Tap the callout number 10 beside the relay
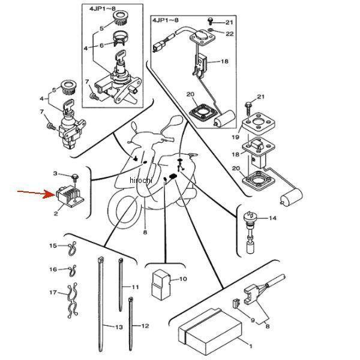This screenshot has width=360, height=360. (184, 279)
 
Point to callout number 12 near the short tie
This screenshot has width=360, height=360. (145, 326)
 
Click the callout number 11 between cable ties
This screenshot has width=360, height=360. (135, 287)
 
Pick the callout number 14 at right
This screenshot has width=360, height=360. (272, 218)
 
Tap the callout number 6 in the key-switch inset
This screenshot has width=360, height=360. (102, 45)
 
